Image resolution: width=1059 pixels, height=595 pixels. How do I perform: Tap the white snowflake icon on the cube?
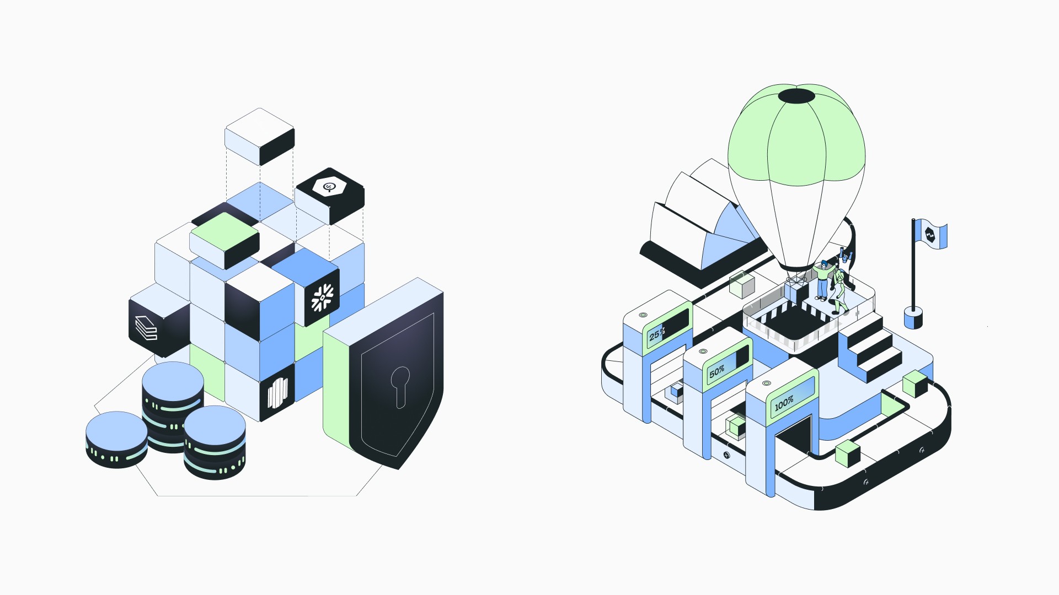coord(322,298)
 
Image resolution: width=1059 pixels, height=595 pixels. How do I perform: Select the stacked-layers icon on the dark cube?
coord(146,328)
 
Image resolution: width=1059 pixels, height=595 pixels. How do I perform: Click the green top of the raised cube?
coord(224,231)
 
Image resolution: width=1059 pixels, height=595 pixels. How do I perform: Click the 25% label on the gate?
coord(657,334)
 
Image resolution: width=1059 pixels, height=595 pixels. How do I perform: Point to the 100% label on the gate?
coord(784,404)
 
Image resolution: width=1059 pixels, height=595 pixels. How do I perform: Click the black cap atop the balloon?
coord(796,96)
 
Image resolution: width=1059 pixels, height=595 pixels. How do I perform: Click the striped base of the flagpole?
coord(913,319)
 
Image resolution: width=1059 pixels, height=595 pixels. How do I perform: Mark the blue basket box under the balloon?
coord(795,292)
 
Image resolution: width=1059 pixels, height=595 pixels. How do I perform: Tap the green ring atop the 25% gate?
coord(643,315)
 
